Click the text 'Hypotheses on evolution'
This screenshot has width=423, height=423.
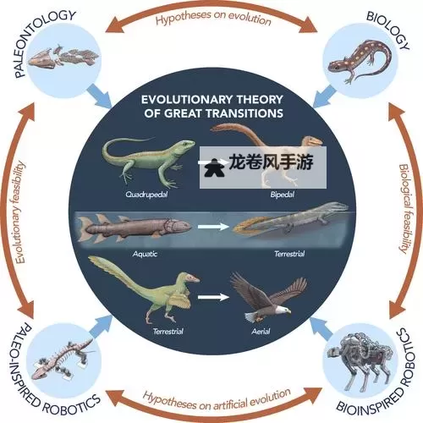tap(212, 18)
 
